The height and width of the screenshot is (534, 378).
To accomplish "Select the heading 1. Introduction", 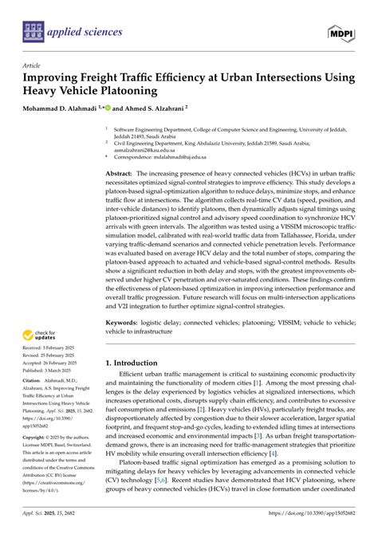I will tap(137, 363).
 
